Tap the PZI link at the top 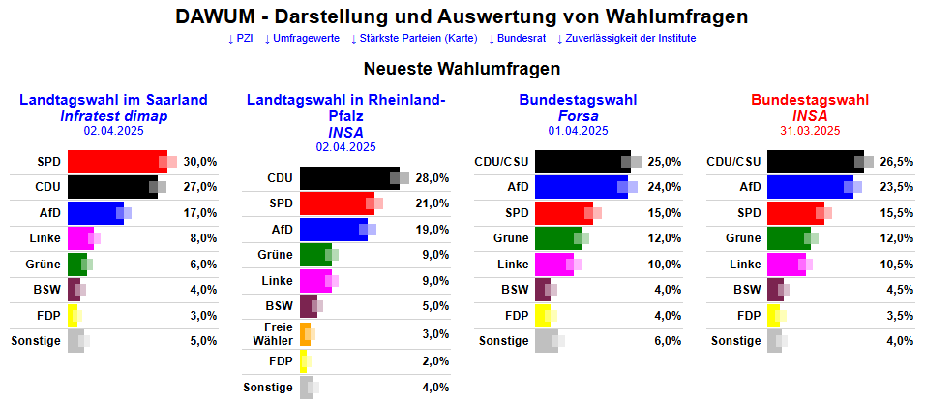click(x=242, y=39)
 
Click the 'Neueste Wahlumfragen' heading click(x=462, y=70)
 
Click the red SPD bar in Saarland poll click(x=116, y=161)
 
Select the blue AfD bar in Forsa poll click(x=580, y=186)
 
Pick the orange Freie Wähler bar click(x=305, y=334)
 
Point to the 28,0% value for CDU click(x=433, y=178)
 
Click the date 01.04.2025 click(x=578, y=130)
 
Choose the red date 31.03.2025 click(x=810, y=130)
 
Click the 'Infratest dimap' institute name click(x=113, y=116)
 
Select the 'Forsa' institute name click(x=578, y=116)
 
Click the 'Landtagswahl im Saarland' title click(x=113, y=100)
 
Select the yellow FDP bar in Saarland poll click(x=72, y=315)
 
